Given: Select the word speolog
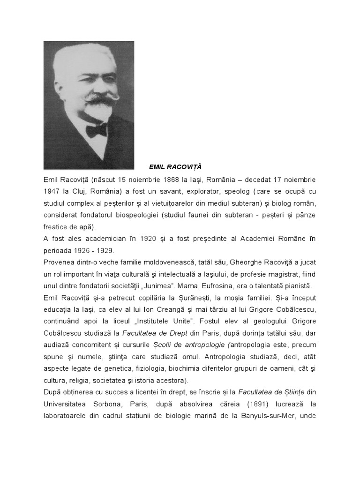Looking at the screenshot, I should pos(250,192).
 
